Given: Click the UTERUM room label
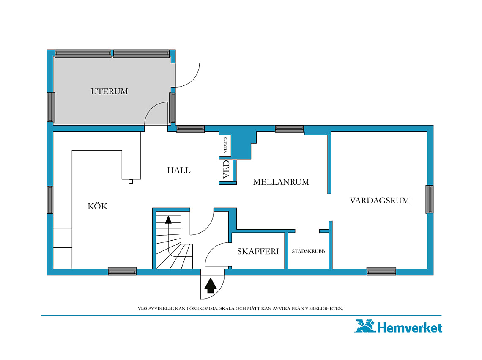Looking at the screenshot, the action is click(110, 91).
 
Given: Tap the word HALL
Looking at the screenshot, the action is click(178, 170).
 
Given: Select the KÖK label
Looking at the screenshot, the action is click(97, 206).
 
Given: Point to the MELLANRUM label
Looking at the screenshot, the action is click(281, 182).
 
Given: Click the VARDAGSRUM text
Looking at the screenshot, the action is click(379, 201).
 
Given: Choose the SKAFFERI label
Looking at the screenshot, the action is click(258, 251).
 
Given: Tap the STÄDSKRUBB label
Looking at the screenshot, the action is click(308, 251).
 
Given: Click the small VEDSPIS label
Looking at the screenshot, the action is click(225, 145).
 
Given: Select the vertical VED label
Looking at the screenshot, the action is click(226, 169).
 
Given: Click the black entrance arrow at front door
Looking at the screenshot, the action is click(211, 285).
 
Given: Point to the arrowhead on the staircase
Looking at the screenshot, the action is click(168, 220).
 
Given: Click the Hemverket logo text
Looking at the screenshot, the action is click(409, 328).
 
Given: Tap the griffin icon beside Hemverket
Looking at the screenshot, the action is click(365, 326).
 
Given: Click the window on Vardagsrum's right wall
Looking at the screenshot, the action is click(430, 199).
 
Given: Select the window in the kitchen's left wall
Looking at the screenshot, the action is click(50, 199).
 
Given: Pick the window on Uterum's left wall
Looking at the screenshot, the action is click(51, 107).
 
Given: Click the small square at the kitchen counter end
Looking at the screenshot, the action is click(131, 181).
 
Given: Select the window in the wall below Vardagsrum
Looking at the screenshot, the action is click(381, 272).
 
